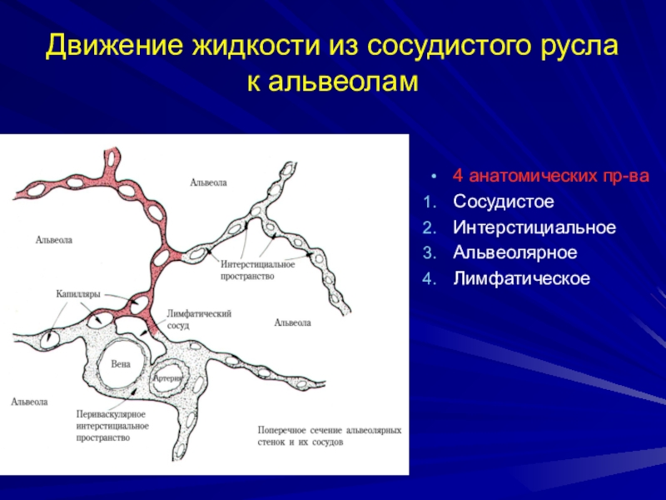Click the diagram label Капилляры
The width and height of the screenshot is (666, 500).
(x=78, y=294)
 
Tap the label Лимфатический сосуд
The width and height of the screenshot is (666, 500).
(x=199, y=319)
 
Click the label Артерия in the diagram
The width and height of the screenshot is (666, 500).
(x=168, y=377)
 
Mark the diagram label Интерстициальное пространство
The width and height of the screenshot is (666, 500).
(x=258, y=270)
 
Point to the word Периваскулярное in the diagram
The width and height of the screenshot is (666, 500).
(x=110, y=414)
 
